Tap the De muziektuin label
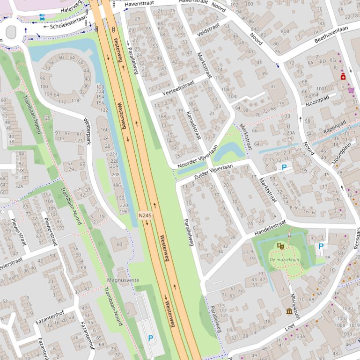[284, 259]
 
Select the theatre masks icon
[280, 245]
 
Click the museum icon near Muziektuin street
[289, 311]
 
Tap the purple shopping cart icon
[351, 90]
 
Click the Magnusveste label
[124, 280]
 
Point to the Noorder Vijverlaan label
[198, 157]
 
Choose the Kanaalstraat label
[193, 125]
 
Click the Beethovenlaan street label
[331, 35]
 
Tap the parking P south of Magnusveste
[150, 338]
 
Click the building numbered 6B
[119, 244]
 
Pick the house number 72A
[19, 186]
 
